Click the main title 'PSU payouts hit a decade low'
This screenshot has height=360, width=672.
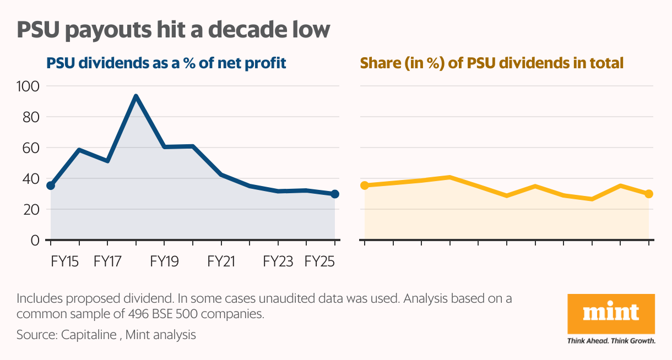[174, 30]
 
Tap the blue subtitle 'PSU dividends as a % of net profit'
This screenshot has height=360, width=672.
[166, 63]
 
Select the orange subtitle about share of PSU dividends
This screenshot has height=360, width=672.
[491, 63]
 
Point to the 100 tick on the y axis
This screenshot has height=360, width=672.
[28, 86]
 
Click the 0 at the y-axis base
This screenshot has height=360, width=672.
[35, 240]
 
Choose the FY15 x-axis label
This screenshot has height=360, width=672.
[65, 261]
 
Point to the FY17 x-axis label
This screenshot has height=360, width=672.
[107, 261]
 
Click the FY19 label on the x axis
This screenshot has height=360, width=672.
[164, 261]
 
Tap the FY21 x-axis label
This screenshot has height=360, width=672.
[221, 261]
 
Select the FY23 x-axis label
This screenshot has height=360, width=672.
[278, 261]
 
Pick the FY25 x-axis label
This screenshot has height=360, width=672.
[320, 261]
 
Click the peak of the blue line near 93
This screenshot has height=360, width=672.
[136, 96]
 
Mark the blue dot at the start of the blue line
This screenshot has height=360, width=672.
[51, 186]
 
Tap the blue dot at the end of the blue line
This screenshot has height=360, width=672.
[335, 194]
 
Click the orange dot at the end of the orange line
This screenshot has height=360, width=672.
[649, 194]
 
